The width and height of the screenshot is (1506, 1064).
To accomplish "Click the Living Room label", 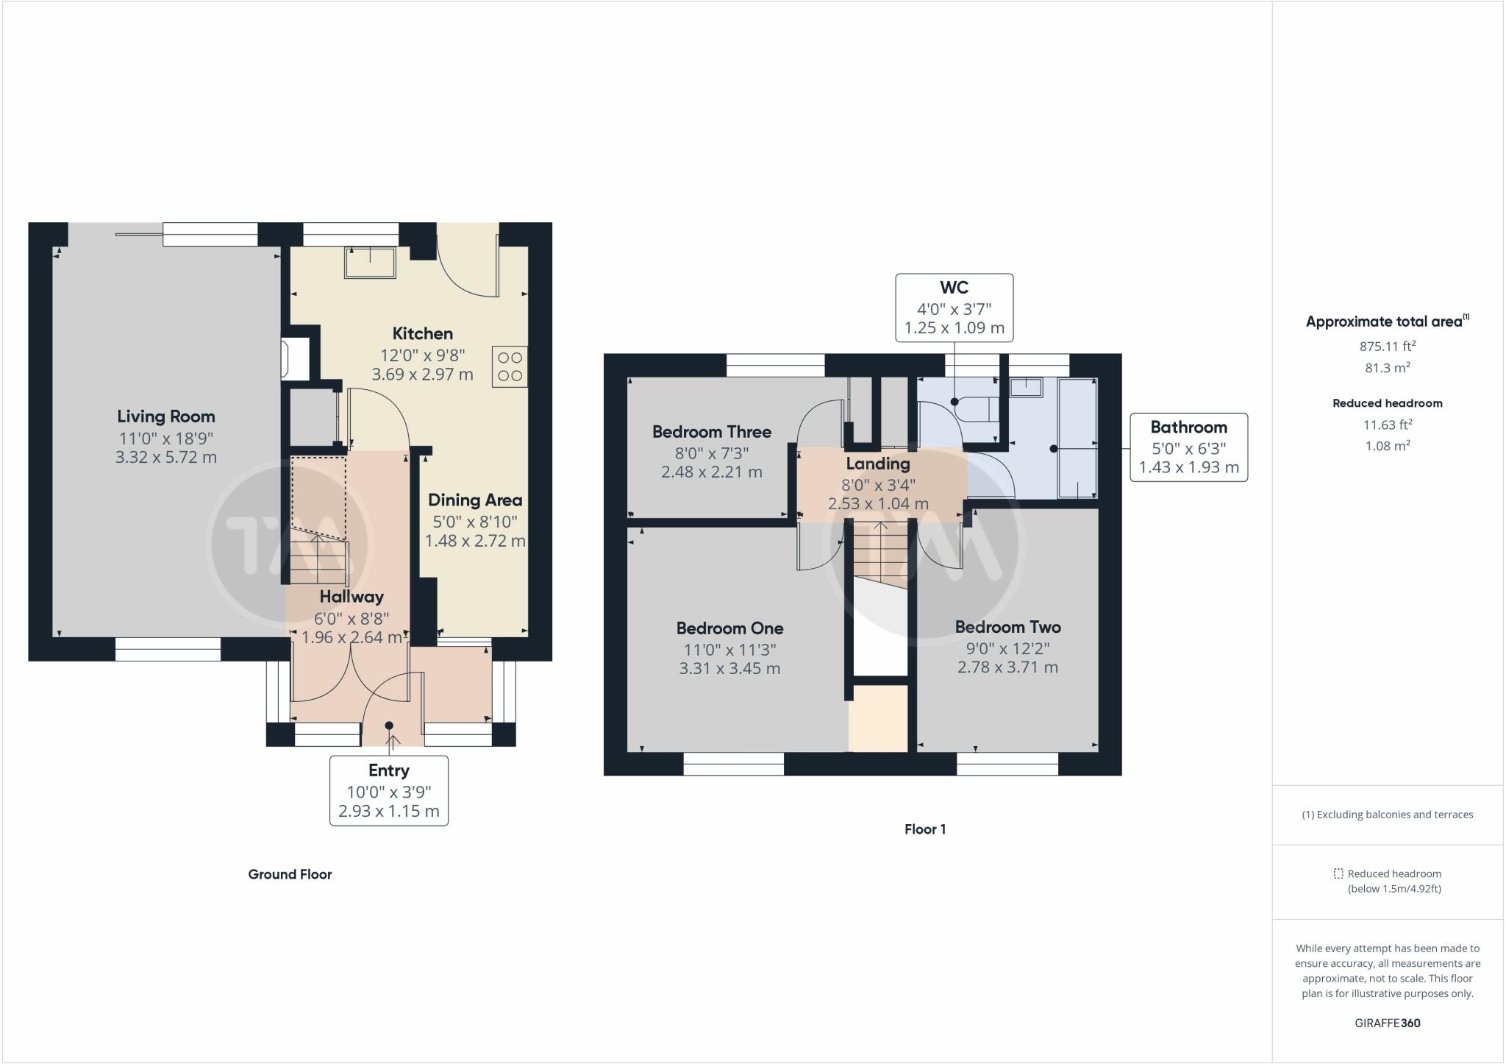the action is (166, 416).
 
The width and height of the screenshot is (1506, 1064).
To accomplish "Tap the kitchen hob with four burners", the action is (510, 366).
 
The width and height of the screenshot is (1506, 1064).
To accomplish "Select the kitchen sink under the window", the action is (370, 263).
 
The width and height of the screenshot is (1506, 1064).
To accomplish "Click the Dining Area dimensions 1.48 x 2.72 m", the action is (475, 541).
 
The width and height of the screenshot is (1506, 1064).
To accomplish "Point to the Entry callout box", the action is (389, 790).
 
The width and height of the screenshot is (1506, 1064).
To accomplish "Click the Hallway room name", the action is (351, 597).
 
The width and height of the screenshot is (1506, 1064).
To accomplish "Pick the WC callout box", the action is (954, 308).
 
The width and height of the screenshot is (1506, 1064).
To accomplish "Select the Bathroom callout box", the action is (1189, 447).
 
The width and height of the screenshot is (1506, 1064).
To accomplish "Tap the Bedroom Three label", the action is (712, 432).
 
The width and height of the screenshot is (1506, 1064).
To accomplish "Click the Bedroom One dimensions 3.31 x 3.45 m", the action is (729, 669).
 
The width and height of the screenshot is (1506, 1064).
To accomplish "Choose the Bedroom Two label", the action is (1008, 627).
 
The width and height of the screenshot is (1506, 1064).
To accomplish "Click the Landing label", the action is (878, 464).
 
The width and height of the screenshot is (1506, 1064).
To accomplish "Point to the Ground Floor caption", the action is (290, 874).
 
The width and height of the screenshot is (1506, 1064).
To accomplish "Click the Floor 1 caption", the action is (925, 829).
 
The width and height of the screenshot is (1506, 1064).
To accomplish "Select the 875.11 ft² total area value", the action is (1388, 346).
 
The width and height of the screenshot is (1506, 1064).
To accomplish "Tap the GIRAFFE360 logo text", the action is (1388, 1023).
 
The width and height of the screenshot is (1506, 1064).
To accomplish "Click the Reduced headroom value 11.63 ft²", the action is (1388, 425).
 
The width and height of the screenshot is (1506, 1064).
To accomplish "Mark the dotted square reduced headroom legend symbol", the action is (1338, 873).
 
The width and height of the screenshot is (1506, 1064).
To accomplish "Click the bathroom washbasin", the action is (1026, 387).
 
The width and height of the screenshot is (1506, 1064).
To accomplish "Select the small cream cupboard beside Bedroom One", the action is (878, 719).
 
